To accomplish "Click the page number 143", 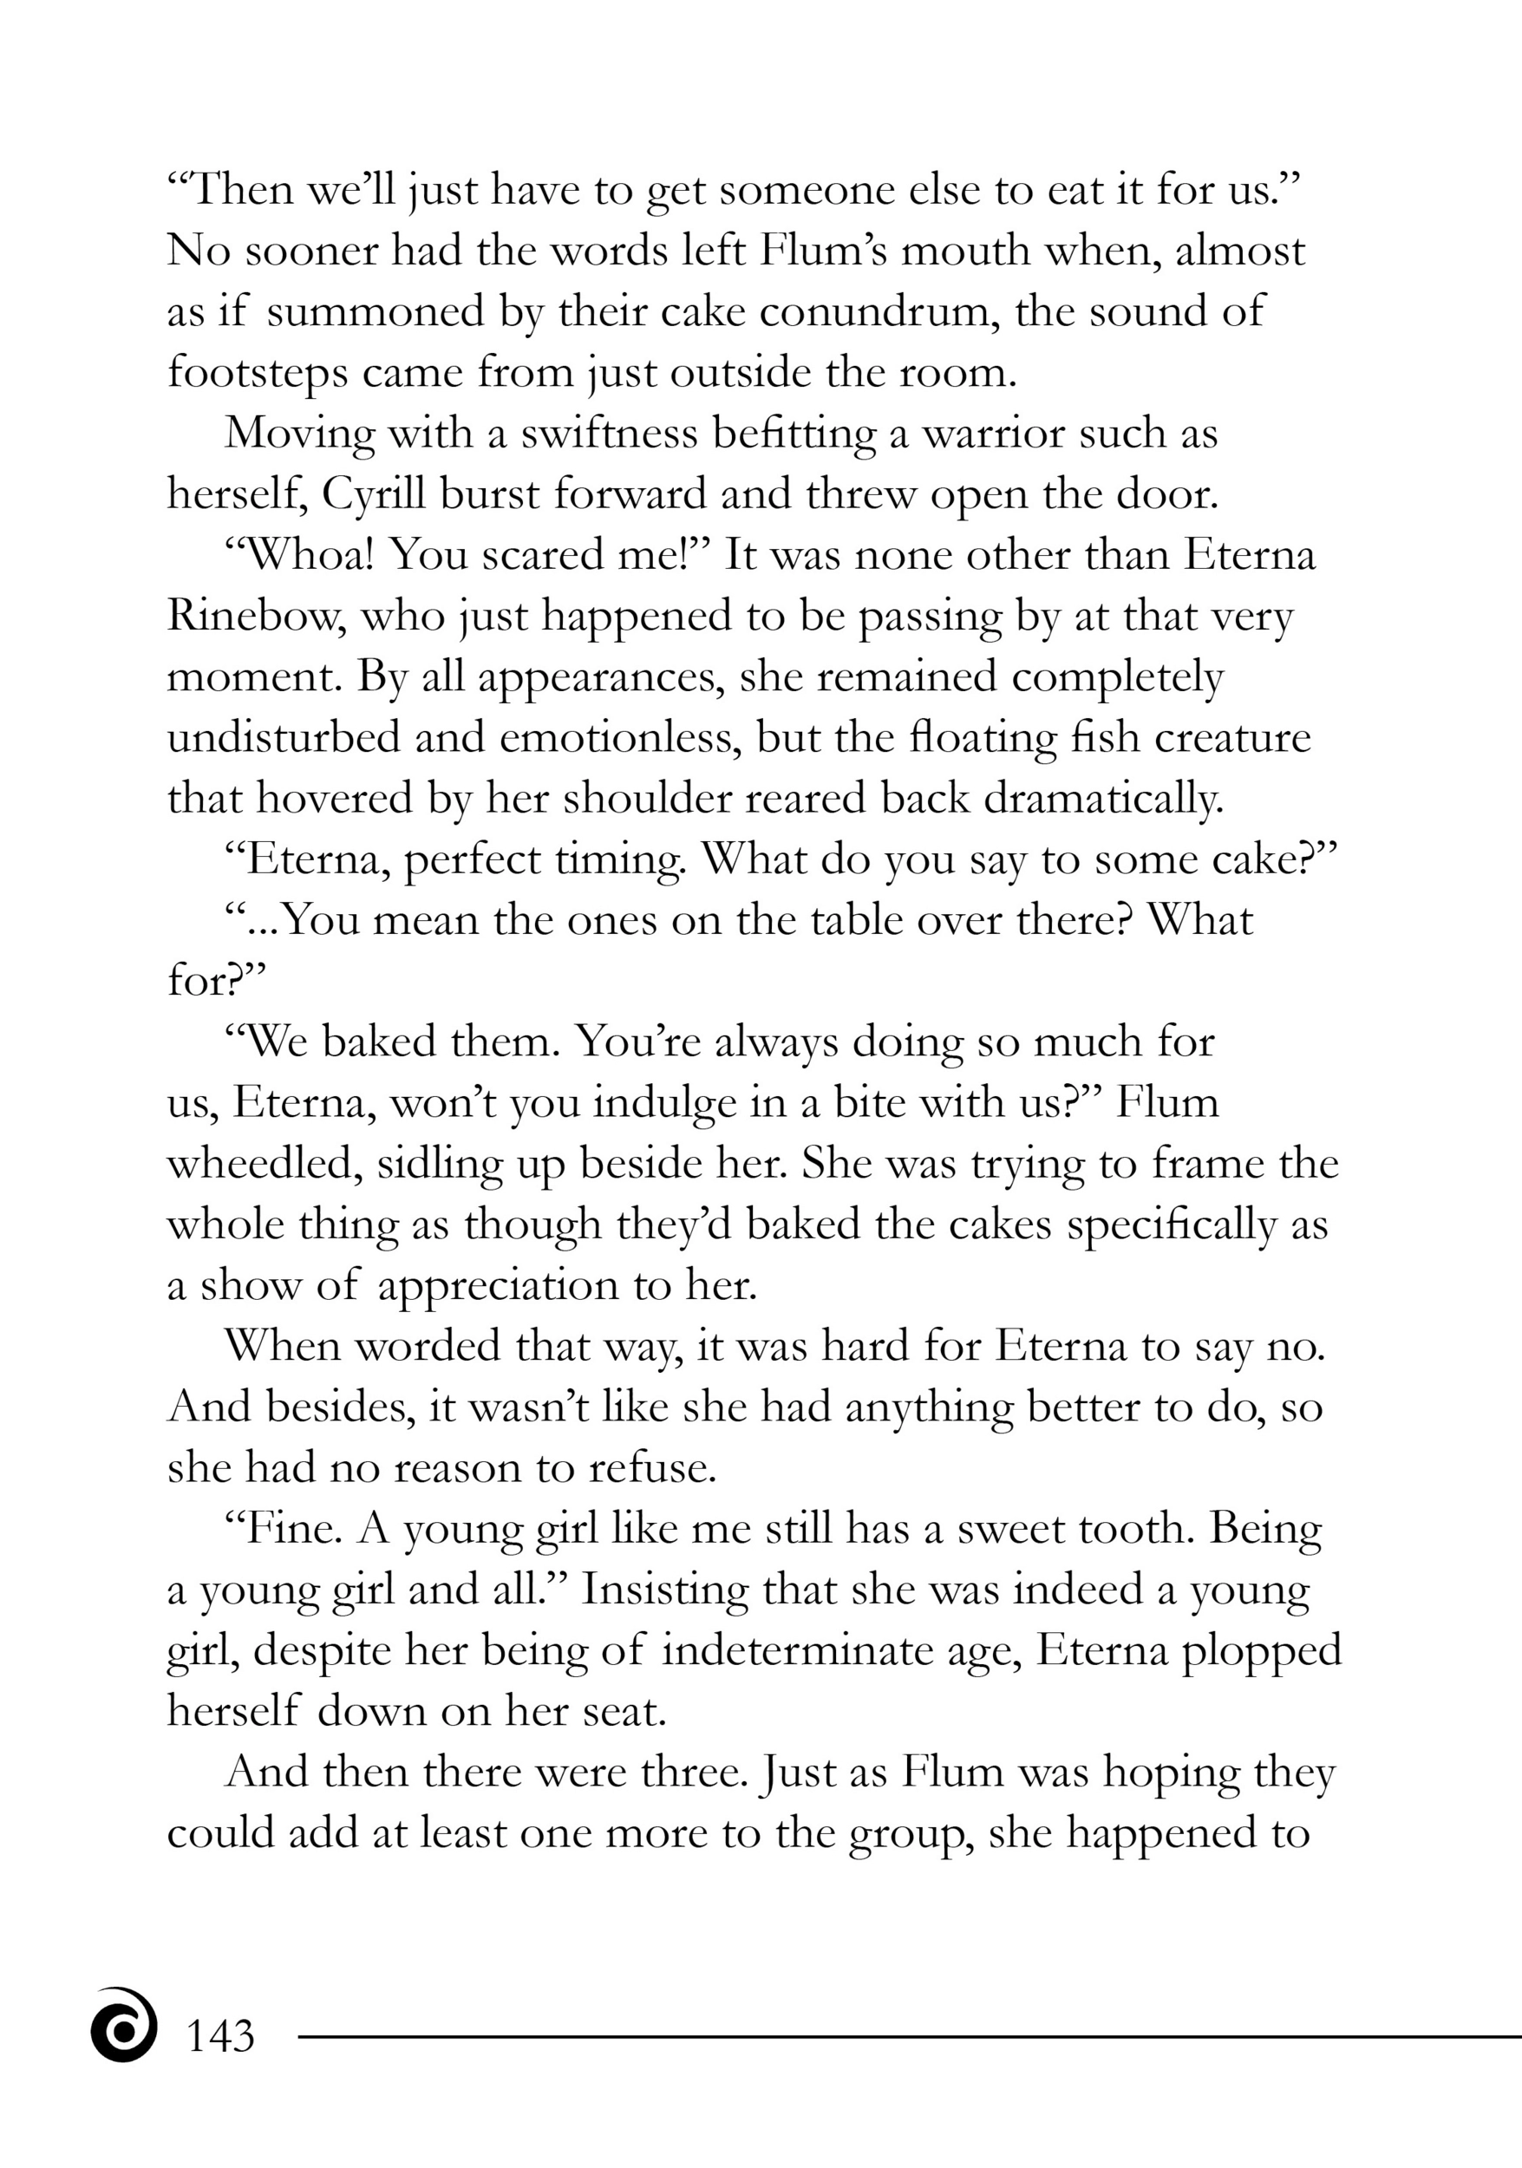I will [221, 2037].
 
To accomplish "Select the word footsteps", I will [257, 373].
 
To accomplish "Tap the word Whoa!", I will [301, 555].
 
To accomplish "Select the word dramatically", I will [1104, 799].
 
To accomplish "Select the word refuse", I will [651, 1468].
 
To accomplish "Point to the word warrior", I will [992, 434].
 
